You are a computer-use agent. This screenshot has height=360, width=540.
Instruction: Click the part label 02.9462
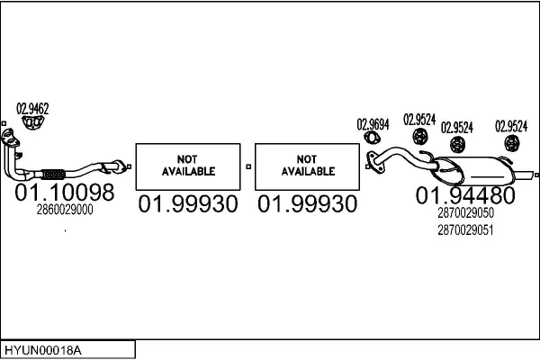pyautogui.click(x=32, y=109)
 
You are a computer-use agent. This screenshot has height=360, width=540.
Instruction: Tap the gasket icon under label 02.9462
pyautogui.click(x=33, y=122)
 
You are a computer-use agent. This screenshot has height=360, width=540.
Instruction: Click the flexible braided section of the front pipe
pyautogui.click(x=54, y=173)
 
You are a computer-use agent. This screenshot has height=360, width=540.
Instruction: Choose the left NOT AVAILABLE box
pyautogui.click(x=188, y=166)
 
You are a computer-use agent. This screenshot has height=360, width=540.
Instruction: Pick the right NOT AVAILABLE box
pyautogui.click(x=308, y=166)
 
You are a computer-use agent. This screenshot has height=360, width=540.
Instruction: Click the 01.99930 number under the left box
pyautogui.click(x=188, y=205)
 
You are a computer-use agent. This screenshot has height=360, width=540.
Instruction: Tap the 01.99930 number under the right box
pyautogui.click(x=308, y=205)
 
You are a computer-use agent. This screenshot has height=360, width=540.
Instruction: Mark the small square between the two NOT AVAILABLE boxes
pyautogui.click(x=248, y=166)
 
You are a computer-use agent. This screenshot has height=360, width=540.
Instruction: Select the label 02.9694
pyautogui.click(x=373, y=125)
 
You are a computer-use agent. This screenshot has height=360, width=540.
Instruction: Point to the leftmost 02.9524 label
pyautogui.click(x=419, y=119)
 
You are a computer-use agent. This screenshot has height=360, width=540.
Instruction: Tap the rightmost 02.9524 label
pyautogui.click(x=511, y=126)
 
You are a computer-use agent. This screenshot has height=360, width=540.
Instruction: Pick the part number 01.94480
pyautogui.click(x=464, y=195)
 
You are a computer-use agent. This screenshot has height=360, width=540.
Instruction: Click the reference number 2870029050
pyautogui.click(x=464, y=213)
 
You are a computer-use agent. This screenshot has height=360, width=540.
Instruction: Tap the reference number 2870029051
pyautogui.click(x=464, y=229)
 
